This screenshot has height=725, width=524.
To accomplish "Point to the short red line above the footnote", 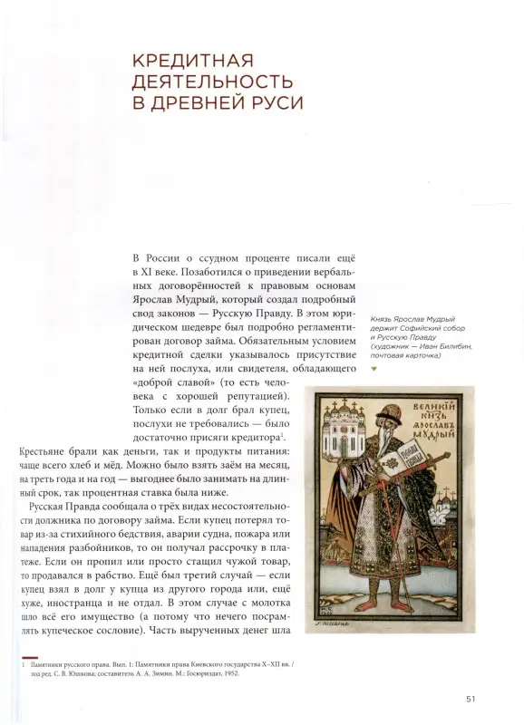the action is [31, 654].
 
